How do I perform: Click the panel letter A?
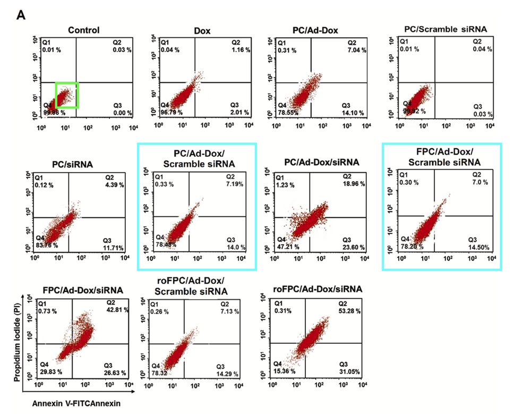[x=21, y=15]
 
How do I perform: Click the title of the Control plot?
[x=84, y=30]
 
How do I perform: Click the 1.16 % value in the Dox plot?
[x=241, y=49]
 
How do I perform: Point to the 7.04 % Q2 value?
[x=356, y=49]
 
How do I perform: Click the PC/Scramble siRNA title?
[x=446, y=29]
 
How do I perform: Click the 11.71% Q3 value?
[x=114, y=248]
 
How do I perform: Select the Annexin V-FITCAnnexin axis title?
[x=76, y=403]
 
